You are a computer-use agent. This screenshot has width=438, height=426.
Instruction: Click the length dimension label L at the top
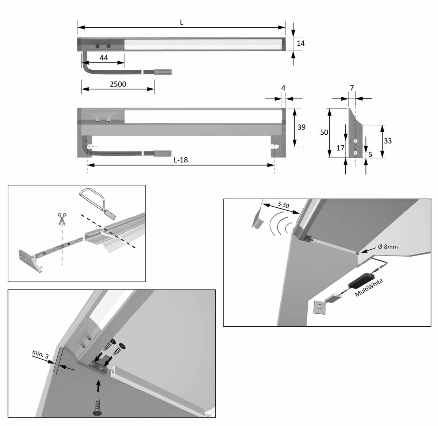(x=181, y=23)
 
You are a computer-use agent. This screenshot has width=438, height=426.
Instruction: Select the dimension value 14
(x=301, y=43)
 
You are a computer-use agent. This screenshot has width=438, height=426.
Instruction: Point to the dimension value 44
(x=104, y=58)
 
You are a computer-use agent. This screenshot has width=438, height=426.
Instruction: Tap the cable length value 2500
(x=118, y=84)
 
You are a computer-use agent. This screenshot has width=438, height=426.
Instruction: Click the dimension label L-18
(x=181, y=160)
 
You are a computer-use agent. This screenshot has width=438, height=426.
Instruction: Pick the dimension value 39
(x=301, y=127)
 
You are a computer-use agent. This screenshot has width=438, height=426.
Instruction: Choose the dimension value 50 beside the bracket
(x=324, y=133)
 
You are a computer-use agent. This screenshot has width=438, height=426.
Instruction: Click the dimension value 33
(x=388, y=141)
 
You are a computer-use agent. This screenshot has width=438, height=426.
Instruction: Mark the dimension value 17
(x=340, y=148)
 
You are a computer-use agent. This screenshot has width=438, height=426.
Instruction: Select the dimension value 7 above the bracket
(x=352, y=88)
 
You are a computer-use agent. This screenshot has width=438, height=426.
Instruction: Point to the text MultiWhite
(x=369, y=288)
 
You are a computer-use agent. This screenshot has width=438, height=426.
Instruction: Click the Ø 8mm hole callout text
(x=388, y=247)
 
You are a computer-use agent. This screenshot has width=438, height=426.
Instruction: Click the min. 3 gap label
(x=40, y=356)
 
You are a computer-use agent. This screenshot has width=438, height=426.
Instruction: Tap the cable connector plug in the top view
(x=162, y=72)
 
